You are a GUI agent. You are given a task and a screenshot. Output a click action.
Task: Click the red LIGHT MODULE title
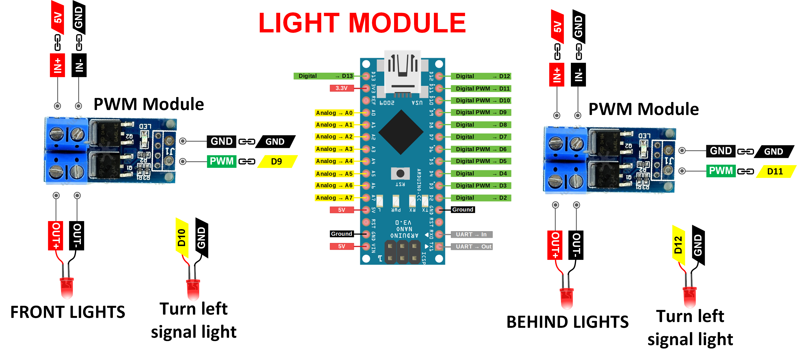(362, 23)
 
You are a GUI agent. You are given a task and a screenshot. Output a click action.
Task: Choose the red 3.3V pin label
(342, 88)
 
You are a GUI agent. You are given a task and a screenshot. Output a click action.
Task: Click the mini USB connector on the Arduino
(402, 73)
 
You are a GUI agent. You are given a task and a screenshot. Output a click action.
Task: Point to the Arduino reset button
(400, 173)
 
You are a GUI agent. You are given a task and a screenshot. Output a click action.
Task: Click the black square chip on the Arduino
(401, 132)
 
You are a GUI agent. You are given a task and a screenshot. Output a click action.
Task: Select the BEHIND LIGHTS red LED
(567, 298)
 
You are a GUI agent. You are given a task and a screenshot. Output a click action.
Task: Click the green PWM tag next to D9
(222, 161)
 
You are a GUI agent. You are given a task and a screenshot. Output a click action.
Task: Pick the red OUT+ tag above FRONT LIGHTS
(56, 236)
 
